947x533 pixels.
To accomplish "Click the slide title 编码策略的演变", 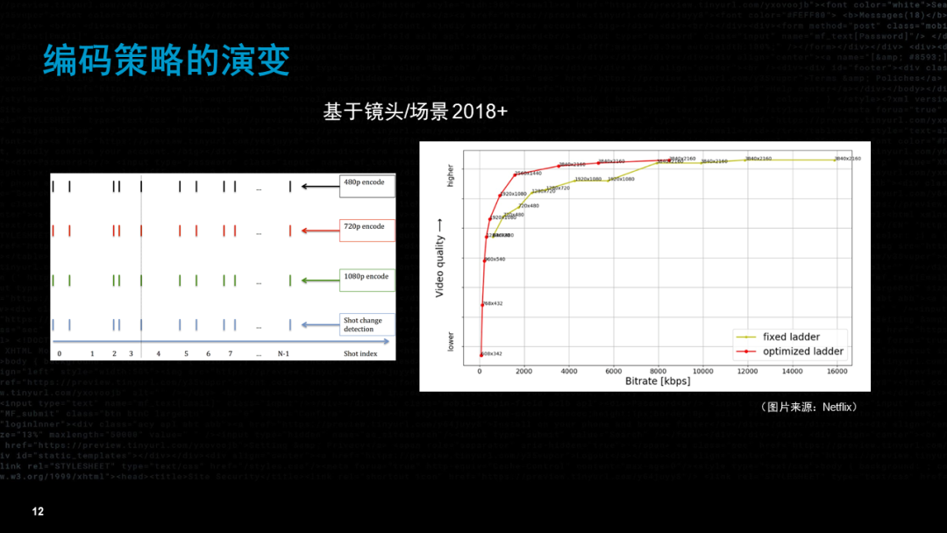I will click(167, 61).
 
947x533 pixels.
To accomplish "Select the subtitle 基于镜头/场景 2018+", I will click(415, 112).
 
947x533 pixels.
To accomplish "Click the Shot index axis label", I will click(360, 353).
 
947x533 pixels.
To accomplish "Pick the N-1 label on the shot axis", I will click(283, 353).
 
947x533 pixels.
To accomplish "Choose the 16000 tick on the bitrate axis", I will click(837, 372).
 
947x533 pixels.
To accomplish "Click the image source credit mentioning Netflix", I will click(808, 408).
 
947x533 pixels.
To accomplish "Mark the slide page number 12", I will click(38, 511).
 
